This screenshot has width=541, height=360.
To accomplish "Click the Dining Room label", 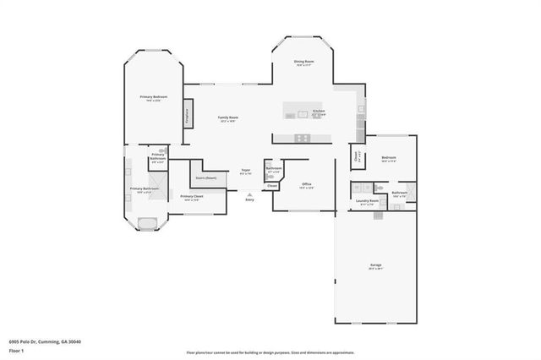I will (x=304, y=62).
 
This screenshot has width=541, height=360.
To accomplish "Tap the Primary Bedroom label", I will (x=153, y=97).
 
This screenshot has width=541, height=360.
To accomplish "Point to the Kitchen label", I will (x=319, y=112).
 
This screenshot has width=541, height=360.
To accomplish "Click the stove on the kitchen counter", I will (x=302, y=138).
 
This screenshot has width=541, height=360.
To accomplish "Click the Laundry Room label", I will (x=366, y=201).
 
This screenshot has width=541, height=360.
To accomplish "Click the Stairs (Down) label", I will (x=206, y=178).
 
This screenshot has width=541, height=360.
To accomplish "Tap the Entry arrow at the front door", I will (x=249, y=194).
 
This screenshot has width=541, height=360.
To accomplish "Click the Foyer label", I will (x=245, y=171).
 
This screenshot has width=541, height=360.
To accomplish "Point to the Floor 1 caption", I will (x=17, y=349).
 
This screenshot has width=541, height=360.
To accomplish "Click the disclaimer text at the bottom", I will (x=270, y=351).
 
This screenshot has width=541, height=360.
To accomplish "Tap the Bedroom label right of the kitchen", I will (x=389, y=158).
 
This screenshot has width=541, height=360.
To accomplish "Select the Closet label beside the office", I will (x=272, y=185).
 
